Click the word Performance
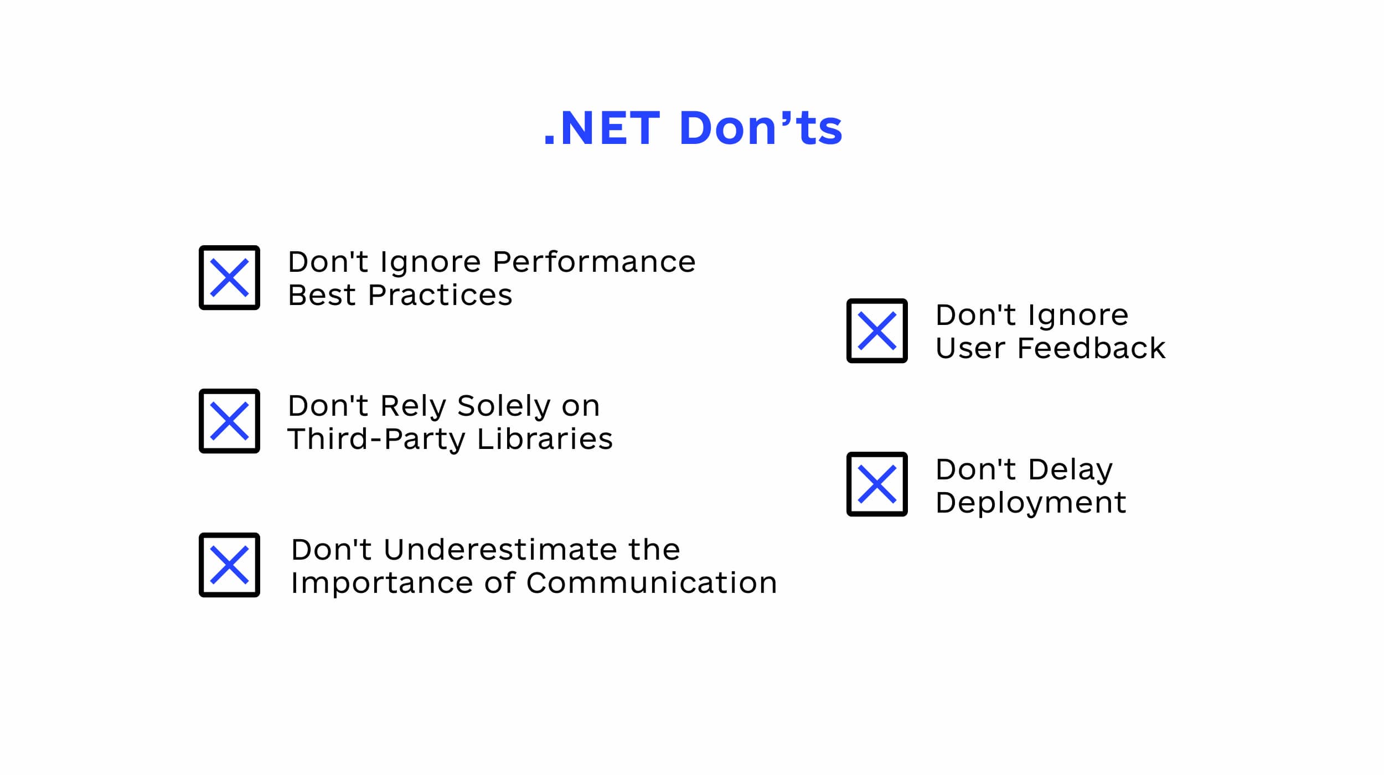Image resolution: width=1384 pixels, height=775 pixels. coord(594,262)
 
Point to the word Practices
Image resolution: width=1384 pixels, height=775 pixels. coord(440,295)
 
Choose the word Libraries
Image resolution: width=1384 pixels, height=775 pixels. coord(545,439)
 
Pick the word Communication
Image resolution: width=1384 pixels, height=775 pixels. coord(652,583)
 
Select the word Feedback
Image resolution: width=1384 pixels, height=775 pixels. coord(1092,348)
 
